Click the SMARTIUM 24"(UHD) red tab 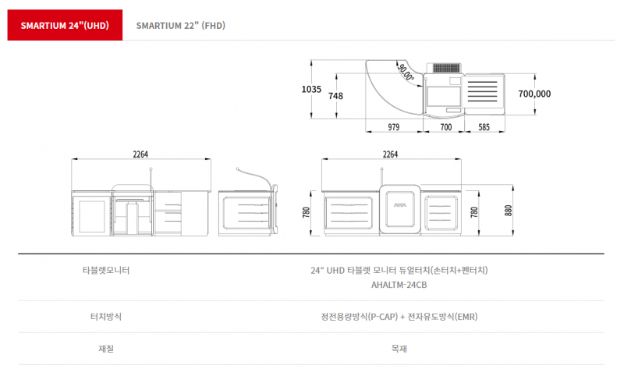pos(65,25)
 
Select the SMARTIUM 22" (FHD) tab pos(181,26)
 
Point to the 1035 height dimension pos(311,89)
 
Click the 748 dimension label pos(335,96)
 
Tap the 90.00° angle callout pos(406,73)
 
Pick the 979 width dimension pos(394,127)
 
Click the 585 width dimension pos(484,127)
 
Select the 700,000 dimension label pos(534,94)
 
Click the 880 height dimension pos(509,211)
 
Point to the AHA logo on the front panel pos(400,205)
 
